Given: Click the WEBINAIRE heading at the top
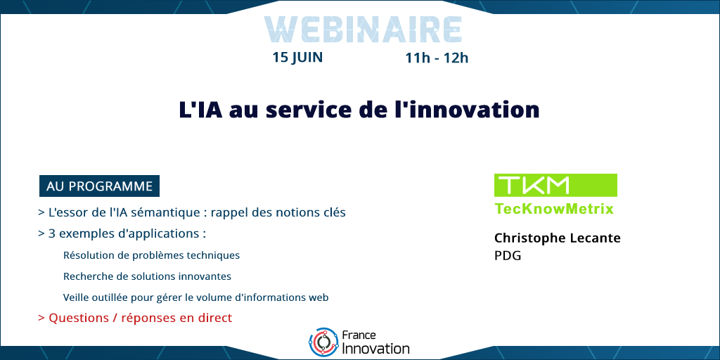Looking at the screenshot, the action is click(x=363, y=30).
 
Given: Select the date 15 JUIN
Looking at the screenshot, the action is click(x=297, y=58).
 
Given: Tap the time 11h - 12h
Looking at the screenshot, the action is click(x=437, y=58).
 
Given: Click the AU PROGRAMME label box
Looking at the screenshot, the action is click(x=99, y=186).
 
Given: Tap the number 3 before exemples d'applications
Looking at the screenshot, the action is click(x=52, y=233).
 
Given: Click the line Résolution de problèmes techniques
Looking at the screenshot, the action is click(x=152, y=255).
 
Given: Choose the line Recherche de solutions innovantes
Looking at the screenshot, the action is click(x=147, y=276).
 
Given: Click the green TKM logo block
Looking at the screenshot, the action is click(x=555, y=185).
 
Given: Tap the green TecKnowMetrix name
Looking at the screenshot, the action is click(x=554, y=209).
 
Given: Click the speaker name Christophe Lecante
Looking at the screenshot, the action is click(x=558, y=238).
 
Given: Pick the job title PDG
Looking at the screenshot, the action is click(x=508, y=256).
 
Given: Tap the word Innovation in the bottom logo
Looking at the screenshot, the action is click(x=376, y=349).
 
